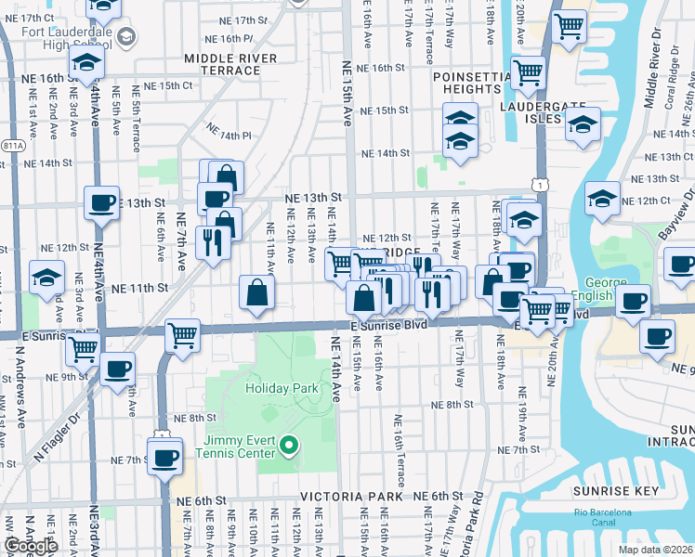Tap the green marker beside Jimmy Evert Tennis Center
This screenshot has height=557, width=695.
point(288,447)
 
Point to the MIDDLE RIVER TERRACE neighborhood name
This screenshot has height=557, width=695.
point(230,66)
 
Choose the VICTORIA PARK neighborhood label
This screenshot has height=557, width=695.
point(350,497)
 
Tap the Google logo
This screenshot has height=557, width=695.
point(31,546)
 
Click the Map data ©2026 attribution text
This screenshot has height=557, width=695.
point(656,550)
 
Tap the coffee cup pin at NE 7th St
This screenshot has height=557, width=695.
point(165,458)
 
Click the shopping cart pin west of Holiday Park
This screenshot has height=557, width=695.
point(183,335)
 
